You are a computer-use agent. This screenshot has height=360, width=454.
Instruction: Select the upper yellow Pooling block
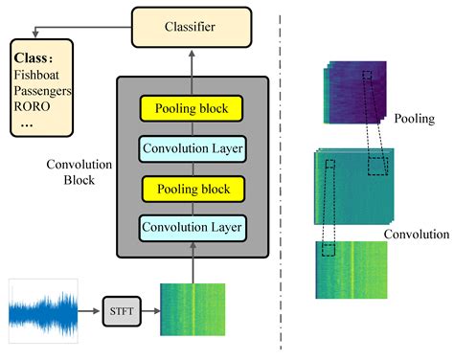(193, 108)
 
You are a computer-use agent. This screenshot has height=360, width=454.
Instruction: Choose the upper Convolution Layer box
(193, 148)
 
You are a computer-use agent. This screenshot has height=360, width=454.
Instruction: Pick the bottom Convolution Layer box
(193, 228)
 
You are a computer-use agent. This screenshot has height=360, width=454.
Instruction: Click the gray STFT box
(120, 310)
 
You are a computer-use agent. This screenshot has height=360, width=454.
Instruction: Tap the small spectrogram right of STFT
(193, 309)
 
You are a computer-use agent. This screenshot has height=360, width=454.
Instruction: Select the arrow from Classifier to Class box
(86, 30)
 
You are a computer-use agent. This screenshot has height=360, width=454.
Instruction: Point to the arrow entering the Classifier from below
(193, 61)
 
